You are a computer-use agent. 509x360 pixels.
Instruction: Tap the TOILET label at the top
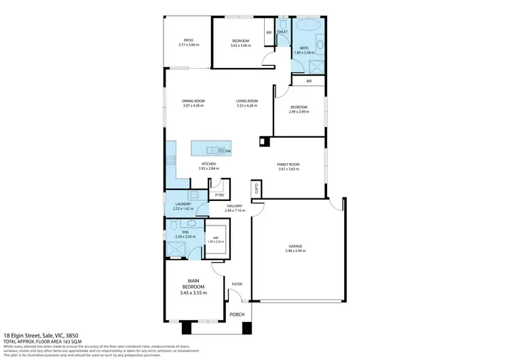pos(282,32)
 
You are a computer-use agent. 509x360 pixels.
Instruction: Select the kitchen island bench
pos(211,150)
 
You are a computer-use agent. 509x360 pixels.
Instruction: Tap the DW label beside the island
pos(228,151)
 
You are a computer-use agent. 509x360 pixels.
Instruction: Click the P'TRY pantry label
pos(219,196)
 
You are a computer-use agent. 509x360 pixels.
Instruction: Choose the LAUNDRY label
pos(183,204)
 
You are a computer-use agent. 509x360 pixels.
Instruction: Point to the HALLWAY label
pos(235,206)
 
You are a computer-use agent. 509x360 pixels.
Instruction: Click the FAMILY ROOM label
pos(288,164)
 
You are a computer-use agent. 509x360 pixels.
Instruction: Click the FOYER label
pos(237,284)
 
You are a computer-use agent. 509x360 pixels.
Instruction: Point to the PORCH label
pos(236,314)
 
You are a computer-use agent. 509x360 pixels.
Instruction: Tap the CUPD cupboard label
pos(256,189)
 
